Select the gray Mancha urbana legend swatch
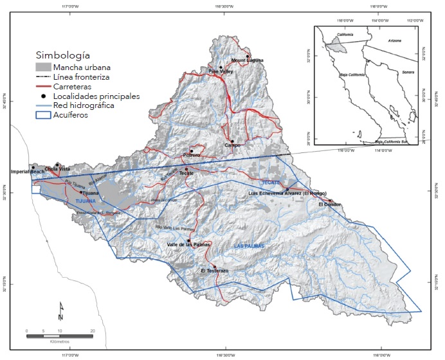(x=45, y=66)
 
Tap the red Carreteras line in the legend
(x=45, y=86)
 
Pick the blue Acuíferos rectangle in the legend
(x=45, y=116)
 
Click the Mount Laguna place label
(x=248, y=61)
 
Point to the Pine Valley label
(x=221, y=72)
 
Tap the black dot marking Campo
(x=232, y=141)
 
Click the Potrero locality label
(x=192, y=156)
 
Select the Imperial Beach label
(x=30, y=172)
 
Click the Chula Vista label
(x=57, y=169)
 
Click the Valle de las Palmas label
(x=189, y=245)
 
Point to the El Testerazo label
(x=214, y=271)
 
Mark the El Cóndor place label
(x=329, y=205)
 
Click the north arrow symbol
(x=60, y=311)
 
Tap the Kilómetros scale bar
(x=59, y=336)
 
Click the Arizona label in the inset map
(x=394, y=40)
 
